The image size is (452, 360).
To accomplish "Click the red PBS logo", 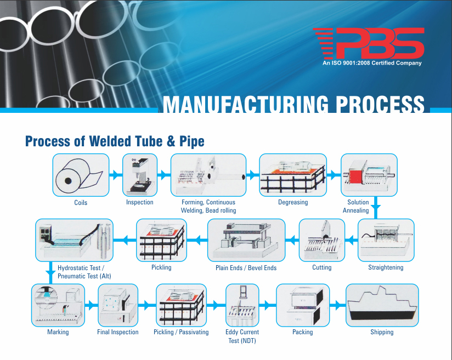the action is (x=369, y=43).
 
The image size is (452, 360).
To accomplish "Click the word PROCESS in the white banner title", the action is (x=380, y=104).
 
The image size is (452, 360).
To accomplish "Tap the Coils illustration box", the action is (x=81, y=175).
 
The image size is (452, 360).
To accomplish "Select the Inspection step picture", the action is (x=140, y=175).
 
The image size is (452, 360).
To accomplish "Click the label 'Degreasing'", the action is (x=293, y=202).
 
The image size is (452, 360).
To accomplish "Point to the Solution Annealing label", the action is (x=356, y=206).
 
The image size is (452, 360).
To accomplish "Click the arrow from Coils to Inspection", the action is (x=116, y=175).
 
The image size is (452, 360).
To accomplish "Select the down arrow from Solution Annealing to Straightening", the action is (x=376, y=208).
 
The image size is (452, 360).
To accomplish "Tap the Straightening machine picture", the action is (x=386, y=240).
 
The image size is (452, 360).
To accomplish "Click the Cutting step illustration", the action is (x=321, y=240).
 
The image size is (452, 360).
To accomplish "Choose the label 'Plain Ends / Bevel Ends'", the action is (x=246, y=268).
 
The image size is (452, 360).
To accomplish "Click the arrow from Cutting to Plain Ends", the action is (x=292, y=240).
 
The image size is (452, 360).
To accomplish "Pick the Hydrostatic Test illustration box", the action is (x=75, y=240).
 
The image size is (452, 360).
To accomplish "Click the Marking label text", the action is (x=58, y=332).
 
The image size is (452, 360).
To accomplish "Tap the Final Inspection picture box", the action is (x=118, y=305).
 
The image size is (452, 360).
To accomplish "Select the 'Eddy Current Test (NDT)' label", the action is (x=242, y=336).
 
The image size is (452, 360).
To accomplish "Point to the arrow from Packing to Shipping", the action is (x=337, y=305).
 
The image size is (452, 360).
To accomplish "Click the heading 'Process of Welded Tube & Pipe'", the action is (x=115, y=141).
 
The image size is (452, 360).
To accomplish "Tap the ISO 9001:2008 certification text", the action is (x=372, y=63).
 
